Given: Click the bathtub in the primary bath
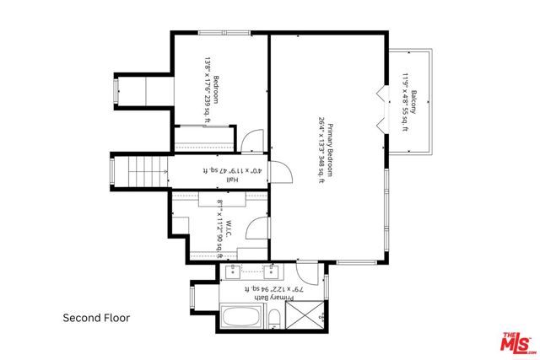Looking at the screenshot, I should tap(244, 318).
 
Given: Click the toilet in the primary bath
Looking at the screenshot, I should tap(274, 319).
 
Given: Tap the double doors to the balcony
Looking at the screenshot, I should tap(381, 107).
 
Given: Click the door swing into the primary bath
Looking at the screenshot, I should tap(305, 271).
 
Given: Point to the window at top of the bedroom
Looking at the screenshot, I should tap(224, 34).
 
